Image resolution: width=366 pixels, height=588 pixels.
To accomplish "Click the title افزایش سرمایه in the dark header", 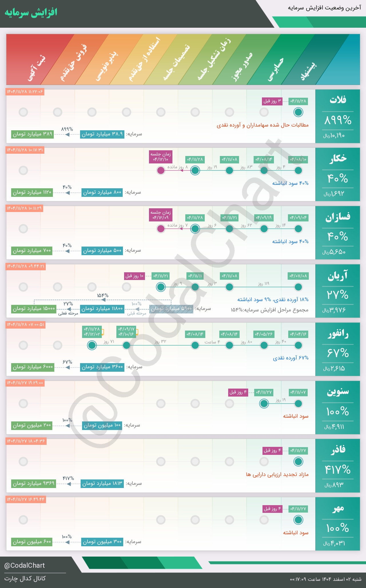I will [x=31, y=13].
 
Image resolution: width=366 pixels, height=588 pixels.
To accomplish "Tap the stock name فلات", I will [x=338, y=100].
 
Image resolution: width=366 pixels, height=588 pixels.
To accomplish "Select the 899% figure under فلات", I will [x=338, y=121].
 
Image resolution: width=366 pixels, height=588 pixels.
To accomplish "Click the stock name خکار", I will [x=338, y=158].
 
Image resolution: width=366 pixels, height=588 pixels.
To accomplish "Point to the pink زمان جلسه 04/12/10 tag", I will [x=161, y=157].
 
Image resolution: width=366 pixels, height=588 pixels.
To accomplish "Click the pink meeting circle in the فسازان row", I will [x=161, y=229].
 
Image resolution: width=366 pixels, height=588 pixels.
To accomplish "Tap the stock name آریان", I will [x=338, y=276].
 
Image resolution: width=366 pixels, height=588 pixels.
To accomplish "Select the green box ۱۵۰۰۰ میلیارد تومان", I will [x=34, y=309].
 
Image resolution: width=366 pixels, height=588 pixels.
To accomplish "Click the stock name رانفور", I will [x=338, y=334].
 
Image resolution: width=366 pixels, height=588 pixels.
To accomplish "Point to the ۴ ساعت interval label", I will [x=212, y=342].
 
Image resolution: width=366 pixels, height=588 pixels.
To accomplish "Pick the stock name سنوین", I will [x=338, y=392].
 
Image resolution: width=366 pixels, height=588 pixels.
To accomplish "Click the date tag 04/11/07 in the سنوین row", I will [x=298, y=392].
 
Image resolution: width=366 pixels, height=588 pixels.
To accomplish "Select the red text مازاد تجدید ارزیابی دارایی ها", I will [x=277, y=475].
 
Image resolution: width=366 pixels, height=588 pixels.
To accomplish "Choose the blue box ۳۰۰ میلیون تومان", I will [x=102, y=542].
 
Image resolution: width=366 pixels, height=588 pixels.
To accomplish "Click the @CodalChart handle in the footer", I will [x=25, y=565].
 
